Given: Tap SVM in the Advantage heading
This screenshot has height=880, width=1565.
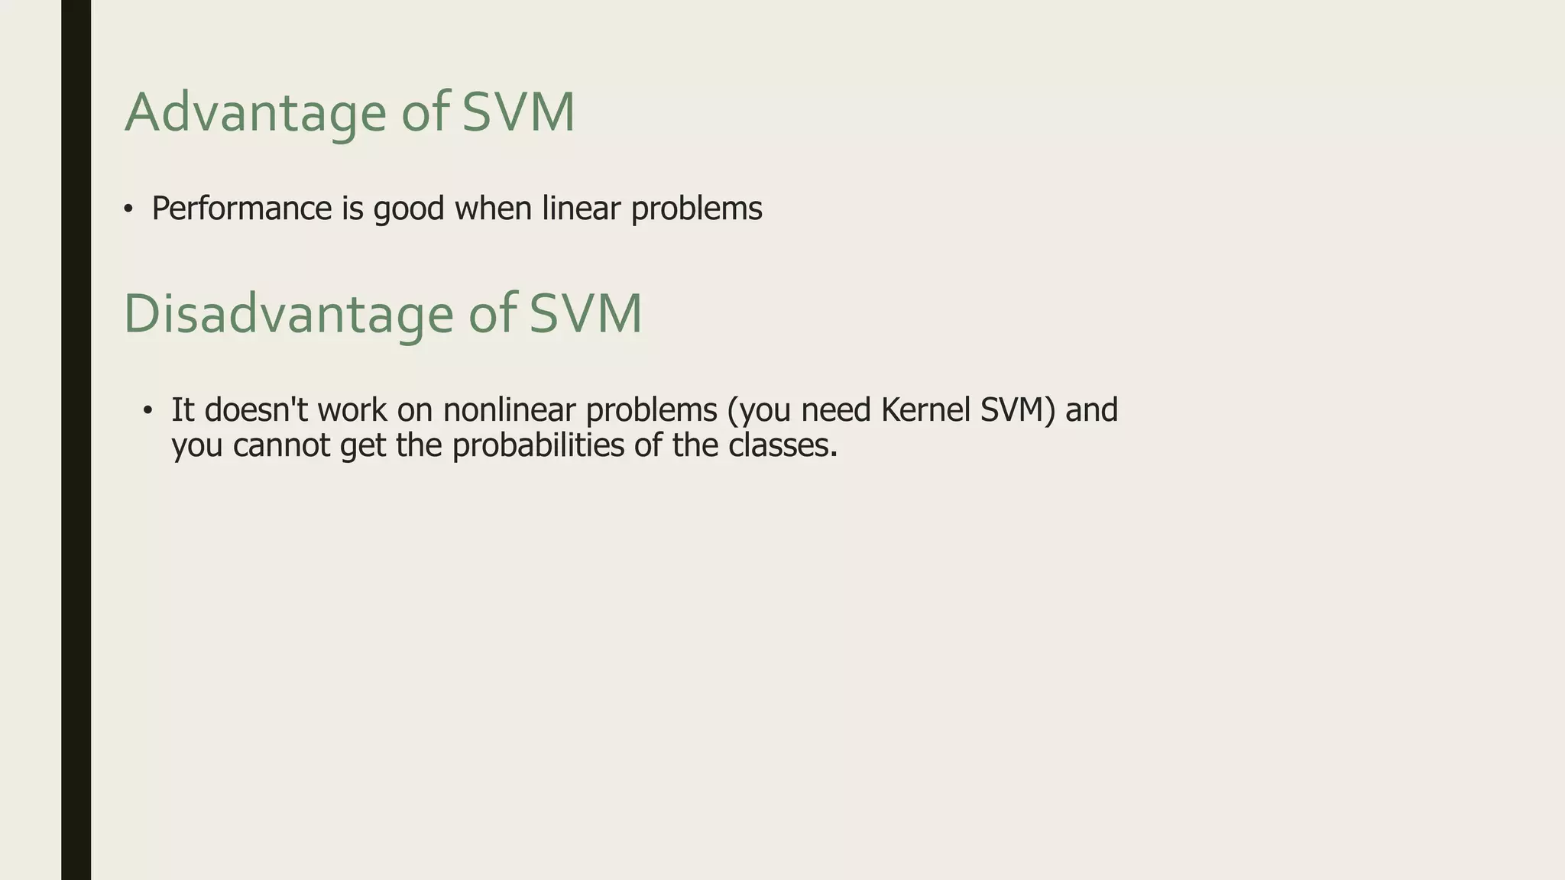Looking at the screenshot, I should point(517,113).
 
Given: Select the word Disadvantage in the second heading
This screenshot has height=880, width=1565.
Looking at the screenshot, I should point(288,314).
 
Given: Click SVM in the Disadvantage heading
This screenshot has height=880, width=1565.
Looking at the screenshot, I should point(585,314).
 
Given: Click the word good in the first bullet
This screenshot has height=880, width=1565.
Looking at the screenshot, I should point(408,209).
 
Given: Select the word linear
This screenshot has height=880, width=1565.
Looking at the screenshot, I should point(581,209).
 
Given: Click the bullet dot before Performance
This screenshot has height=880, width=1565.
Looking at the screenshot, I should point(128,209).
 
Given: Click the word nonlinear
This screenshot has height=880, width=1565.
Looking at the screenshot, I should point(508,410).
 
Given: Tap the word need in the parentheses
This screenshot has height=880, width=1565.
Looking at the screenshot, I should point(835,410).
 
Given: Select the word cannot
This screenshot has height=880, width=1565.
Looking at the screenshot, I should point(281,445).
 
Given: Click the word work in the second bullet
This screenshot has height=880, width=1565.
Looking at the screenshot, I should point(352,410).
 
